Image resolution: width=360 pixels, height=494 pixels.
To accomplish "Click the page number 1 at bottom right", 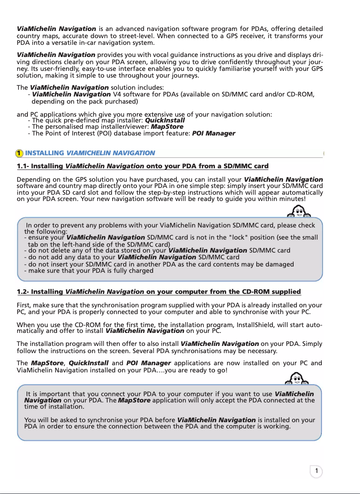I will coord(316,471).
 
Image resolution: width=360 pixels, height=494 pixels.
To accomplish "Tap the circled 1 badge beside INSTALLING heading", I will coord(19,153).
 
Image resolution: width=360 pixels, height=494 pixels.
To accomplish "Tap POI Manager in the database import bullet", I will coord(213,134).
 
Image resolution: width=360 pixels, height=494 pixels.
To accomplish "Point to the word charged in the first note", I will coord(140,271).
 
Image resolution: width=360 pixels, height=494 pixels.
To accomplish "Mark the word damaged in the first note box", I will coord(279,264).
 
